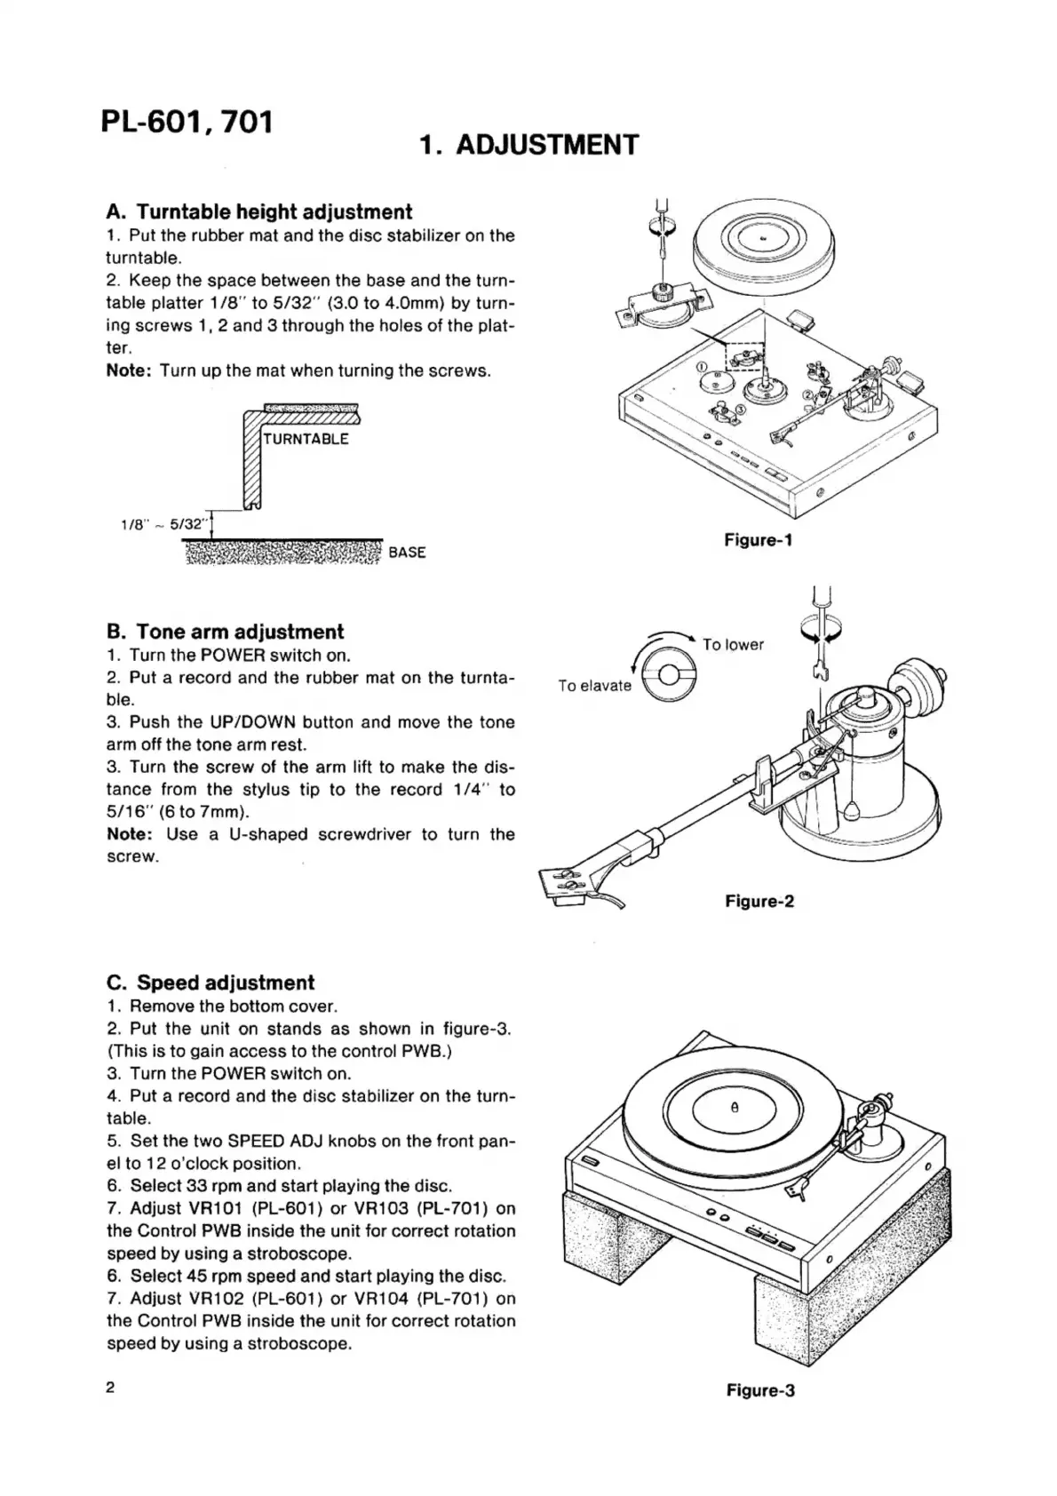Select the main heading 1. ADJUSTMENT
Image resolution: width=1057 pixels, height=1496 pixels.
(528, 145)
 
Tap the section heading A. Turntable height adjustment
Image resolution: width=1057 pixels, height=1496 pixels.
(258, 211)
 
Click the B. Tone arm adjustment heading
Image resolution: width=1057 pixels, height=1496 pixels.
(225, 632)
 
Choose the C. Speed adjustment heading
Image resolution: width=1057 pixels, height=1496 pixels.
(210, 983)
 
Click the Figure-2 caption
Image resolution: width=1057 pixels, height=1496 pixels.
(759, 902)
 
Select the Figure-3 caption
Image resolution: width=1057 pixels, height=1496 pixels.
(759, 1390)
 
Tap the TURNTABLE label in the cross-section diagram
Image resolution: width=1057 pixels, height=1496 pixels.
(306, 439)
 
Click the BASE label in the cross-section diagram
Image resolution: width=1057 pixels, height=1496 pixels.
(407, 553)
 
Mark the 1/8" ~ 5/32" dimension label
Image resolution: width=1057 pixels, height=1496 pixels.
(163, 525)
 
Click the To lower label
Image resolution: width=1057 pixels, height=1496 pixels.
(733, 645)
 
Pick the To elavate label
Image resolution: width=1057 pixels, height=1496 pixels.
(594, 686)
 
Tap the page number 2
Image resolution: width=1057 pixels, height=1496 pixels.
(111, 1388)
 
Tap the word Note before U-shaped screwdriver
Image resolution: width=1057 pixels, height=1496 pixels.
(129, 834)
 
